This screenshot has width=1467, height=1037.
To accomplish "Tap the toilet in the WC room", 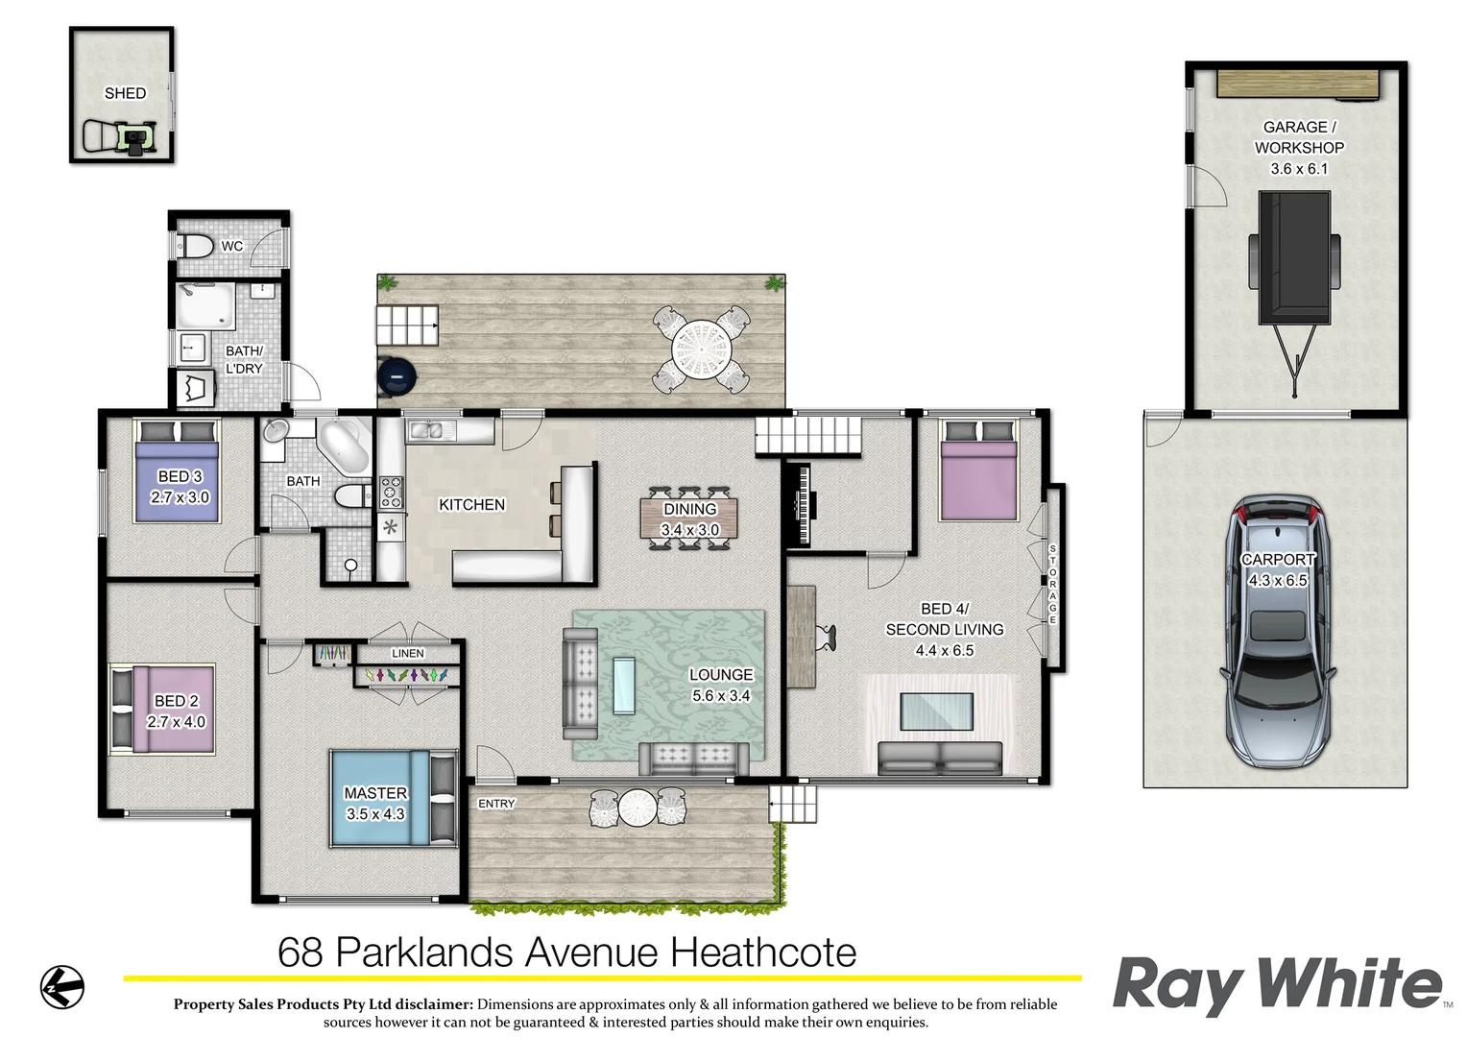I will [x=196, y=246].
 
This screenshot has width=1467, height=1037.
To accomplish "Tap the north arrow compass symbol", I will [x=62, y=986].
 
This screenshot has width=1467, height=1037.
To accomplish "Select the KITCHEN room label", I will [x=471, y=504].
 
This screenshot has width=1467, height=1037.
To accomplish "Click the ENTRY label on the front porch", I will [x=496, y=804].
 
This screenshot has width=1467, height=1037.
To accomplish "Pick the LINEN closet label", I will [x=408, y=653].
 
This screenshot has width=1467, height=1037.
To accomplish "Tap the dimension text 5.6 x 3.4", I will [x=721, y=696].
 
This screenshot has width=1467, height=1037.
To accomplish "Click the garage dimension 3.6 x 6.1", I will [x=1299, y=169].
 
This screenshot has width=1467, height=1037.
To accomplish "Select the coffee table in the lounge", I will [x=624, y=685].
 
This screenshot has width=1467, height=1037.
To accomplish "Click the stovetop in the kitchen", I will [x=392, y=492].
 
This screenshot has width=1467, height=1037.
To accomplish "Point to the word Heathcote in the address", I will [x=763, y=953].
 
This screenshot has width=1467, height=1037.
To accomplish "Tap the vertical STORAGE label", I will [x=1052, y=584].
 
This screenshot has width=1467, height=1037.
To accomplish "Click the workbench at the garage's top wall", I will [x=1299, y=84].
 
